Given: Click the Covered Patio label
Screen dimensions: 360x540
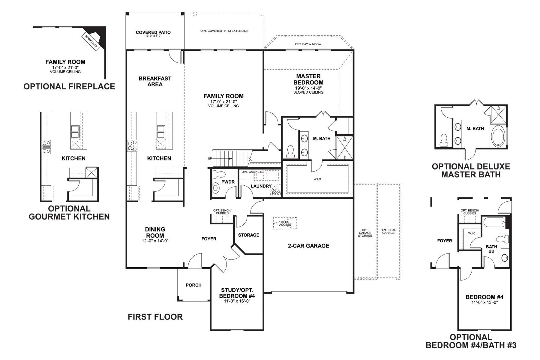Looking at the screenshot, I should pos(153,32).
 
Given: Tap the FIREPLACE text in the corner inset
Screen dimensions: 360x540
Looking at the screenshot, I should pos(91,41).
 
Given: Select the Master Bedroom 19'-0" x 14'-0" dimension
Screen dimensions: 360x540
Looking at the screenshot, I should pos(308,88).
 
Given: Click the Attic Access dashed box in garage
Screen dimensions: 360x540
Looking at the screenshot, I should pos(285,223).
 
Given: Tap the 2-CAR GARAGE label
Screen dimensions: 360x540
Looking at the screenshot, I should pos(308,246).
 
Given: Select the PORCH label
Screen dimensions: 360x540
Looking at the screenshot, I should pos(193,285).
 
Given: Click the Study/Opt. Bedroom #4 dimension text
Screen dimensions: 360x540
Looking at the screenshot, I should pos(237,301).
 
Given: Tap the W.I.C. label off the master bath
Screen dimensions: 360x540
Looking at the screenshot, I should pos(317,179).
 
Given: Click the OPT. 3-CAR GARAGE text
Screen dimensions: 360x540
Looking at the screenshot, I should pos(388,231).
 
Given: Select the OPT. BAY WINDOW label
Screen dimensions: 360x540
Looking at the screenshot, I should pos(308,44).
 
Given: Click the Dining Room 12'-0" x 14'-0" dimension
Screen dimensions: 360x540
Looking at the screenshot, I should pos(155,241).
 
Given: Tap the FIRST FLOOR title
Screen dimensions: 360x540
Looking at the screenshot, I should pos(155,317).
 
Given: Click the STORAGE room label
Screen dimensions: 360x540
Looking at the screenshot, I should pos(248,235).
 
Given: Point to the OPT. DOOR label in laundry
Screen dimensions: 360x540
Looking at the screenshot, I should pos(276,191).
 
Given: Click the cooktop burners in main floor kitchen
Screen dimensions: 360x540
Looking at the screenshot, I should pos(132,146).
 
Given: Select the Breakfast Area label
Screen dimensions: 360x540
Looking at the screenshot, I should pos(155,81).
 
